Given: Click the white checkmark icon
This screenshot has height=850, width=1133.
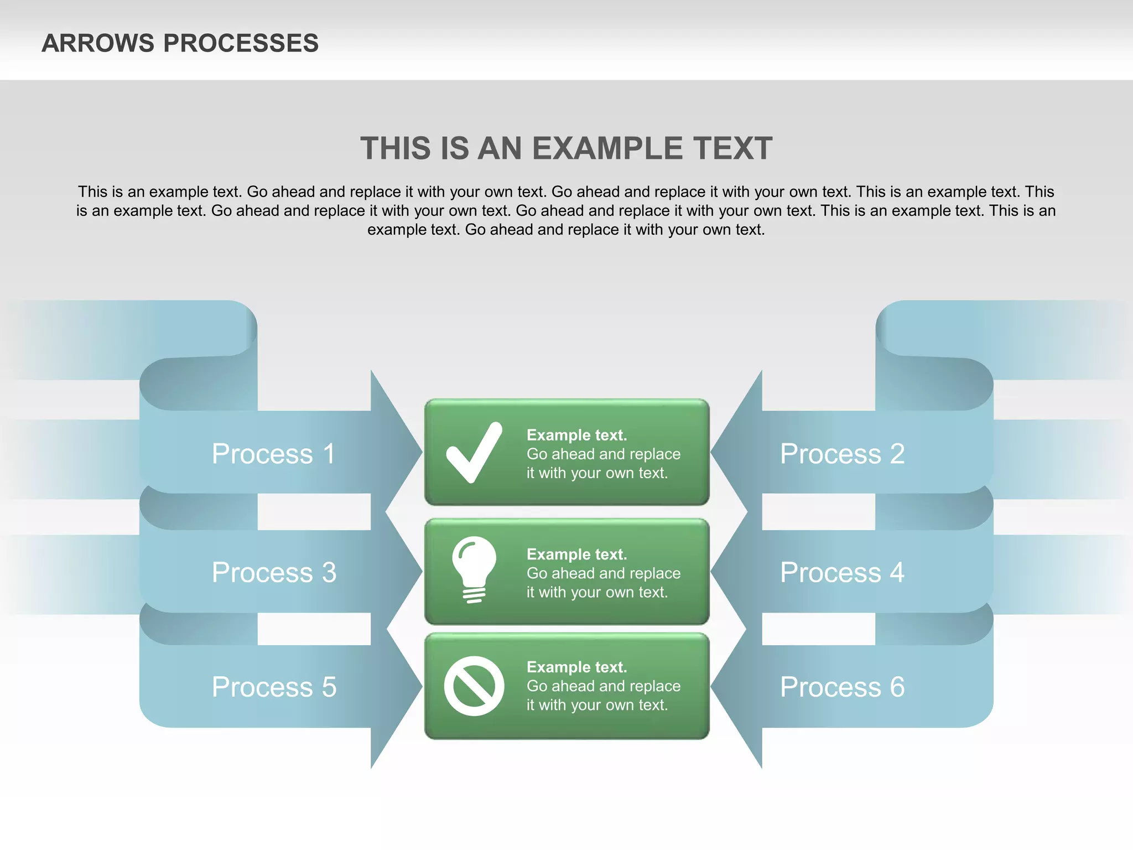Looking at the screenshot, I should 474,453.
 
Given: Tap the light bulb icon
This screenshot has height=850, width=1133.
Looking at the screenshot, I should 474,569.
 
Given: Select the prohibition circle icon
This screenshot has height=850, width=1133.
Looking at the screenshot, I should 474,686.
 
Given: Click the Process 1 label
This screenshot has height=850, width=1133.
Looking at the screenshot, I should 274,454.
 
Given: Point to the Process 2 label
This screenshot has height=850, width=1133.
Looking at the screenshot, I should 842,454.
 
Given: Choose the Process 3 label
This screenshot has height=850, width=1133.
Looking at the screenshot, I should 274,572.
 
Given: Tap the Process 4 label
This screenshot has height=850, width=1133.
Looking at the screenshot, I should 842,572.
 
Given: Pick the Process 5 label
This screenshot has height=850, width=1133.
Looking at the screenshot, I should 274,687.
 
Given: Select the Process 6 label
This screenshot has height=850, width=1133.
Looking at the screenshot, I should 842,687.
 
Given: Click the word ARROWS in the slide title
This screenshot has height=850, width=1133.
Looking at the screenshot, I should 98,43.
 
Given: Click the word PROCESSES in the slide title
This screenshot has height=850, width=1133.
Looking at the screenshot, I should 241,43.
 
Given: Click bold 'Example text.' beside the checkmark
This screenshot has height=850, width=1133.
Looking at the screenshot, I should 576,435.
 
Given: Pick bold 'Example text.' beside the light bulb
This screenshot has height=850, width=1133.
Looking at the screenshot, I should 576,554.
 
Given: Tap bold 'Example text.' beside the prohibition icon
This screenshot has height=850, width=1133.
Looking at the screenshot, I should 576,667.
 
